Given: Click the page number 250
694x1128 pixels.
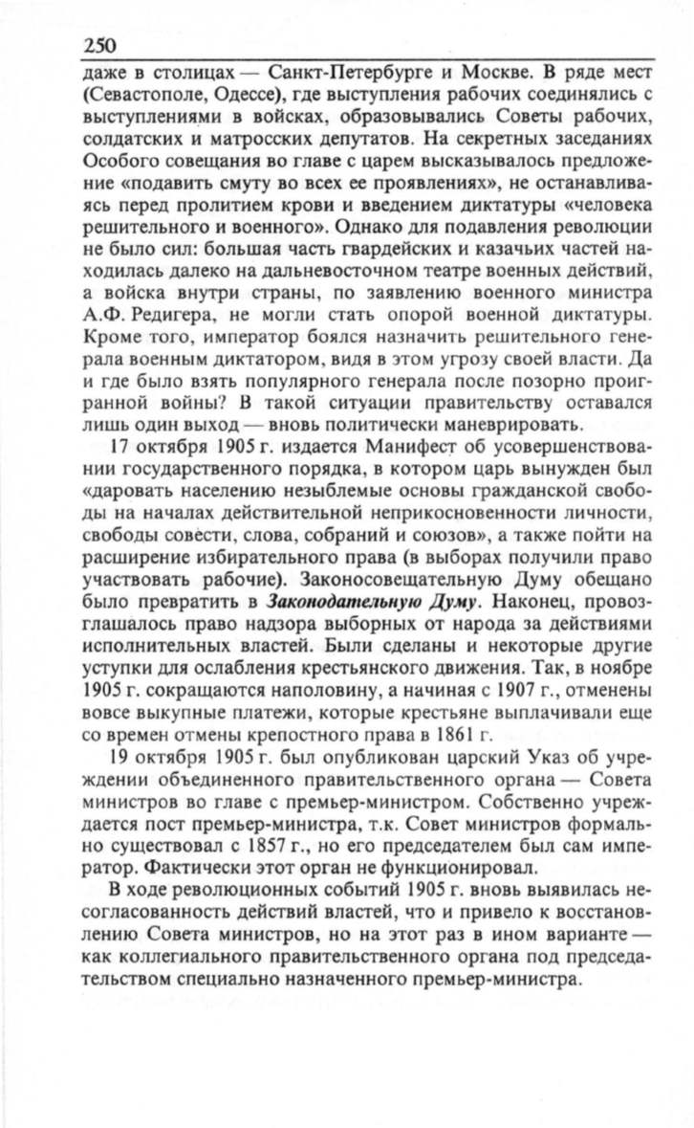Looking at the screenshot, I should (x=100, y=45).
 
